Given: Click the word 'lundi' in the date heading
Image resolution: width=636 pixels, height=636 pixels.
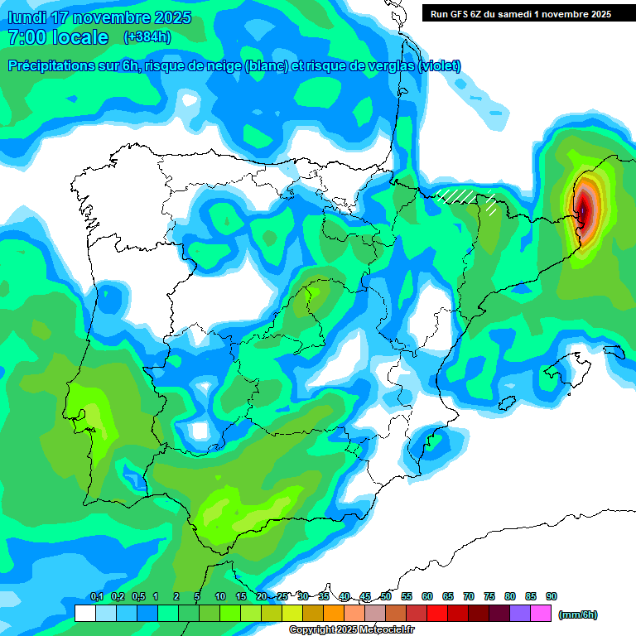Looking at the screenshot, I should coord(28,17).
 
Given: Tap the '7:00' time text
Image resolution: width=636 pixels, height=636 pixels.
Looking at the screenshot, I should coord(26,37).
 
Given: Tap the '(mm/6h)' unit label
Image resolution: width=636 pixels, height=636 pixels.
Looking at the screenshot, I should coord(577,614).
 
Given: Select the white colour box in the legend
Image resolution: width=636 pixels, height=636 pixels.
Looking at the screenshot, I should coord(84,614).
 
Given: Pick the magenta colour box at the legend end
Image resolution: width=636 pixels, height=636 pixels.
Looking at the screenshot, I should coord(541,614).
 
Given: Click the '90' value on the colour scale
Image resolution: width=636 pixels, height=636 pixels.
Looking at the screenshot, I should coord(551,596).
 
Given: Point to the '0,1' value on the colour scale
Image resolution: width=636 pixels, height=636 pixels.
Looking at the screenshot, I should coord(96,596).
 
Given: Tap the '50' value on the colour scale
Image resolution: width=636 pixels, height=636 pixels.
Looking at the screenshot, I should coord(386,596).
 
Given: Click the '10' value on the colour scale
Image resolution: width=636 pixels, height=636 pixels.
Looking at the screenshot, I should coord(220,596).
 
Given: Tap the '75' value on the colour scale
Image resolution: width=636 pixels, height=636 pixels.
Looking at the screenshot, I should coord(489,596).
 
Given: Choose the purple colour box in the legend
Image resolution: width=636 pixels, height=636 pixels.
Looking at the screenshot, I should coord(520,614).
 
